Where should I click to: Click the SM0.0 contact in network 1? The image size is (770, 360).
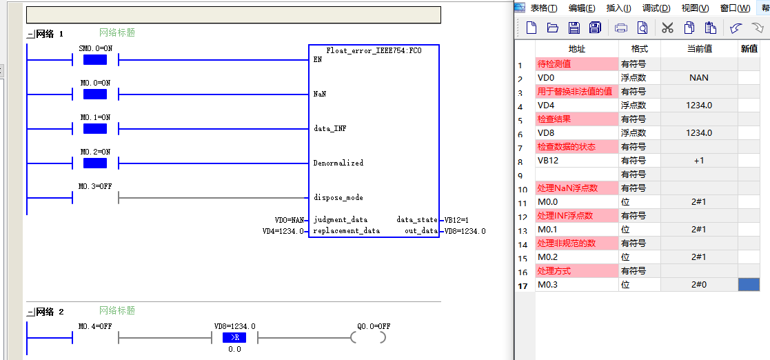[95, 60]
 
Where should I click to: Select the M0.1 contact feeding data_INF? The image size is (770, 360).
[95, 129]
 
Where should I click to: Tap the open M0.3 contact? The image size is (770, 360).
[95, 198]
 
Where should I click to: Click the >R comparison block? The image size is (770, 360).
[234, 337]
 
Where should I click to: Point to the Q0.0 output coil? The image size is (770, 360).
[368, 337]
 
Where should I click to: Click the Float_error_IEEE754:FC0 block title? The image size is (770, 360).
[374, 50]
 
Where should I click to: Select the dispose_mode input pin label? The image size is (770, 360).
[338, 198]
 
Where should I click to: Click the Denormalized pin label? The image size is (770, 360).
[338, 163]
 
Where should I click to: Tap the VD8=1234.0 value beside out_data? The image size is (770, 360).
[465, 231]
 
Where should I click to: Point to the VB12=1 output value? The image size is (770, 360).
[456, 220]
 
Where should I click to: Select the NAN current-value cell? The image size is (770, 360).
[699, 78]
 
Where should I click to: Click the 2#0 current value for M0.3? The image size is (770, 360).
[699, 285]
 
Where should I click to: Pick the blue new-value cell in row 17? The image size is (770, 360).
[749, 285]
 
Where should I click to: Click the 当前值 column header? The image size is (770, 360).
[699, 49]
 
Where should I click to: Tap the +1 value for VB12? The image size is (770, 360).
[699, 161]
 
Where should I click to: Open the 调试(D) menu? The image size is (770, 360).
[656, 8]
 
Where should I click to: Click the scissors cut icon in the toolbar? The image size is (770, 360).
[667, 28]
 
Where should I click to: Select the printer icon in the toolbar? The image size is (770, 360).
[621, 28]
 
